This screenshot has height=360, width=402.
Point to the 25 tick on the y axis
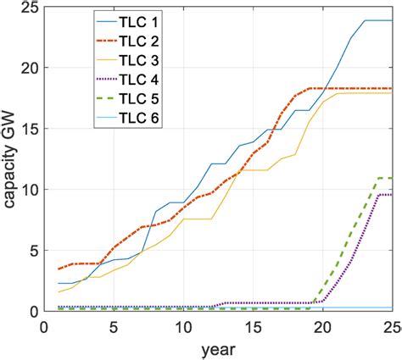point(28,8)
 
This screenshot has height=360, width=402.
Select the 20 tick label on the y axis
point(28,69)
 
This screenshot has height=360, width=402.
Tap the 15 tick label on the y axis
point(28,130)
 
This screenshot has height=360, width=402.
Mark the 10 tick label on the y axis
point(28,191)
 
